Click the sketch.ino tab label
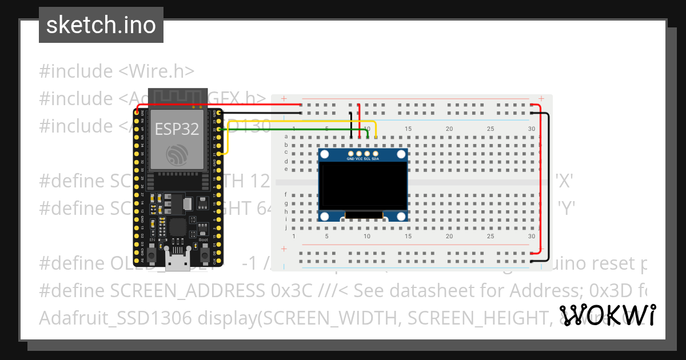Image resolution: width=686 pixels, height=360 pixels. click(x=101, y=25)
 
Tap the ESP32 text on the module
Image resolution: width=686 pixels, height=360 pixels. click(x=177, y=129)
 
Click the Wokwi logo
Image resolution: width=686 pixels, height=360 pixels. click(x=607, y=315)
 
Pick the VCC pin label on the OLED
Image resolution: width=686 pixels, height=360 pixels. click(x=359, y=159)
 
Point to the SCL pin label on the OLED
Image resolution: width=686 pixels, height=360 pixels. click(x=367, y=159)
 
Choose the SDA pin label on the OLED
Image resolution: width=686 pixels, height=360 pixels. click(x=375, y=159)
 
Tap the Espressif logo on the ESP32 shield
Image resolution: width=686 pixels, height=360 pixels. click(x=177, y=155)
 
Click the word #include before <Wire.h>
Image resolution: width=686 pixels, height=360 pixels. click(x=76, y=71)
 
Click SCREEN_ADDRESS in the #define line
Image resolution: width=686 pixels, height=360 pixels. click(x=188, y=291)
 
